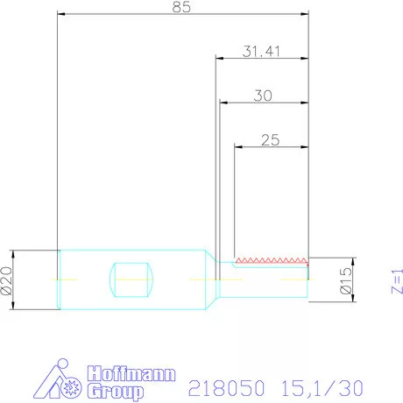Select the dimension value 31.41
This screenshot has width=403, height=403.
click(x=260, y=51)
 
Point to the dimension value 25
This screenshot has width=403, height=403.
click(x=271, y=138)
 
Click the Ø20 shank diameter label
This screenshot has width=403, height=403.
click(x=7, y=279)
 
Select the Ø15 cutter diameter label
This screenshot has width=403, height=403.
click(x=346, y=279)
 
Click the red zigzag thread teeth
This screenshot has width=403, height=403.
click(x=272, y=260)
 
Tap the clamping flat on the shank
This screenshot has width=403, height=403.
click(x=133, y=279)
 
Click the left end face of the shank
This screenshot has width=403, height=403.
click(x=59, y=279)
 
